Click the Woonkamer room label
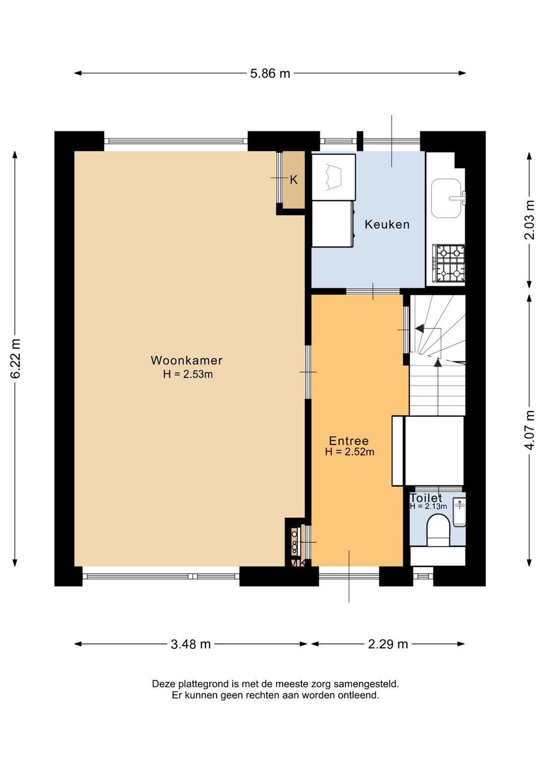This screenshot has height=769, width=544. tap(186, 360)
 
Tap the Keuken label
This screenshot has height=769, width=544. tap(387, 225)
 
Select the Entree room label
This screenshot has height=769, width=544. tap(349, 441)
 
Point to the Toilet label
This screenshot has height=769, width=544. tap(426, 498)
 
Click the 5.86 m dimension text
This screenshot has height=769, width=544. tap(270, 74)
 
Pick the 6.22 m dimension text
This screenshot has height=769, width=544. tap(16, 359)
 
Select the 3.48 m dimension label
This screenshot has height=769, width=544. tap(190, 645)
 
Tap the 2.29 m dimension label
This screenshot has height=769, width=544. tap(388, 645)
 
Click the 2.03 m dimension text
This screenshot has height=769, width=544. tap(530, 220)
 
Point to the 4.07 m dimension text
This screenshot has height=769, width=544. tap(530, 430)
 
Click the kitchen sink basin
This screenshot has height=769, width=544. tap(446, 198)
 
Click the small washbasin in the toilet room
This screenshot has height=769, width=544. tap(459, 513)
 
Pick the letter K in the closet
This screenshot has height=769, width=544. tap(294, 180)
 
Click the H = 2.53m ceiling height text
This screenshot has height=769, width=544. tap(188, 374)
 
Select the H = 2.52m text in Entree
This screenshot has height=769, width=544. tap(350, 452)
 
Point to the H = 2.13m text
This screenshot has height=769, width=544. tap(428, 506)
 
